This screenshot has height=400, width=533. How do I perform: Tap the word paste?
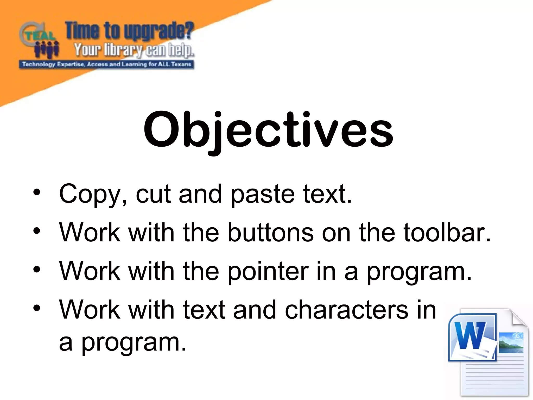(x=262, y=195)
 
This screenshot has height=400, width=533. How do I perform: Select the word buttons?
(x=271, y=232)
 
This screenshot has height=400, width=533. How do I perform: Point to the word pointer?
(x=268, y=271)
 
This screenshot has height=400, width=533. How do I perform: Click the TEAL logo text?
(x=40, y=36)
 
